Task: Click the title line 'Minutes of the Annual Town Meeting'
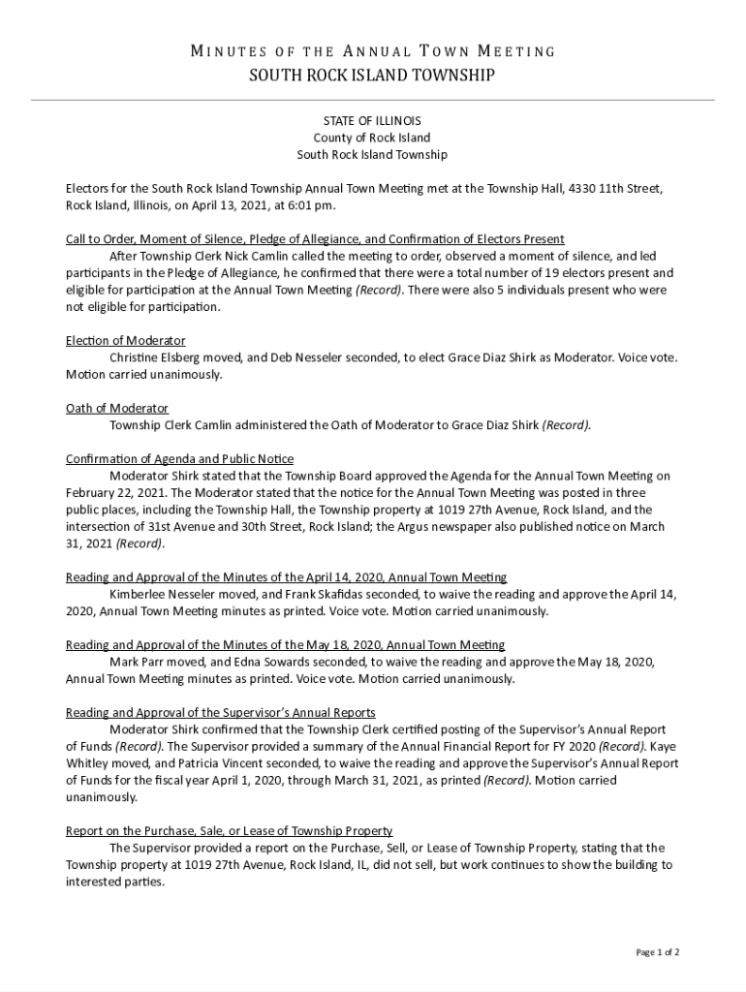(372, 51)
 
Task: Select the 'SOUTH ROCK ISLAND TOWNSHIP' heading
(372, 76)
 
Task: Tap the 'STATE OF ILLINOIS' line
(372, 121)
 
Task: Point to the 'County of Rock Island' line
(372, 138)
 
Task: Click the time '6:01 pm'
(312, 205)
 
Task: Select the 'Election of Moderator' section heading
(125, 341)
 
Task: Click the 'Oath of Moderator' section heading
(116, 409)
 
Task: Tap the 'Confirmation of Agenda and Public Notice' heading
(179, 459)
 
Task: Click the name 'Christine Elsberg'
(155, 357)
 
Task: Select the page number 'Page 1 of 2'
(657, 953)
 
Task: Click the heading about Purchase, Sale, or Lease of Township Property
(229, 831)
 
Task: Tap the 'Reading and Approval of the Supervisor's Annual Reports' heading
(220, 713)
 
